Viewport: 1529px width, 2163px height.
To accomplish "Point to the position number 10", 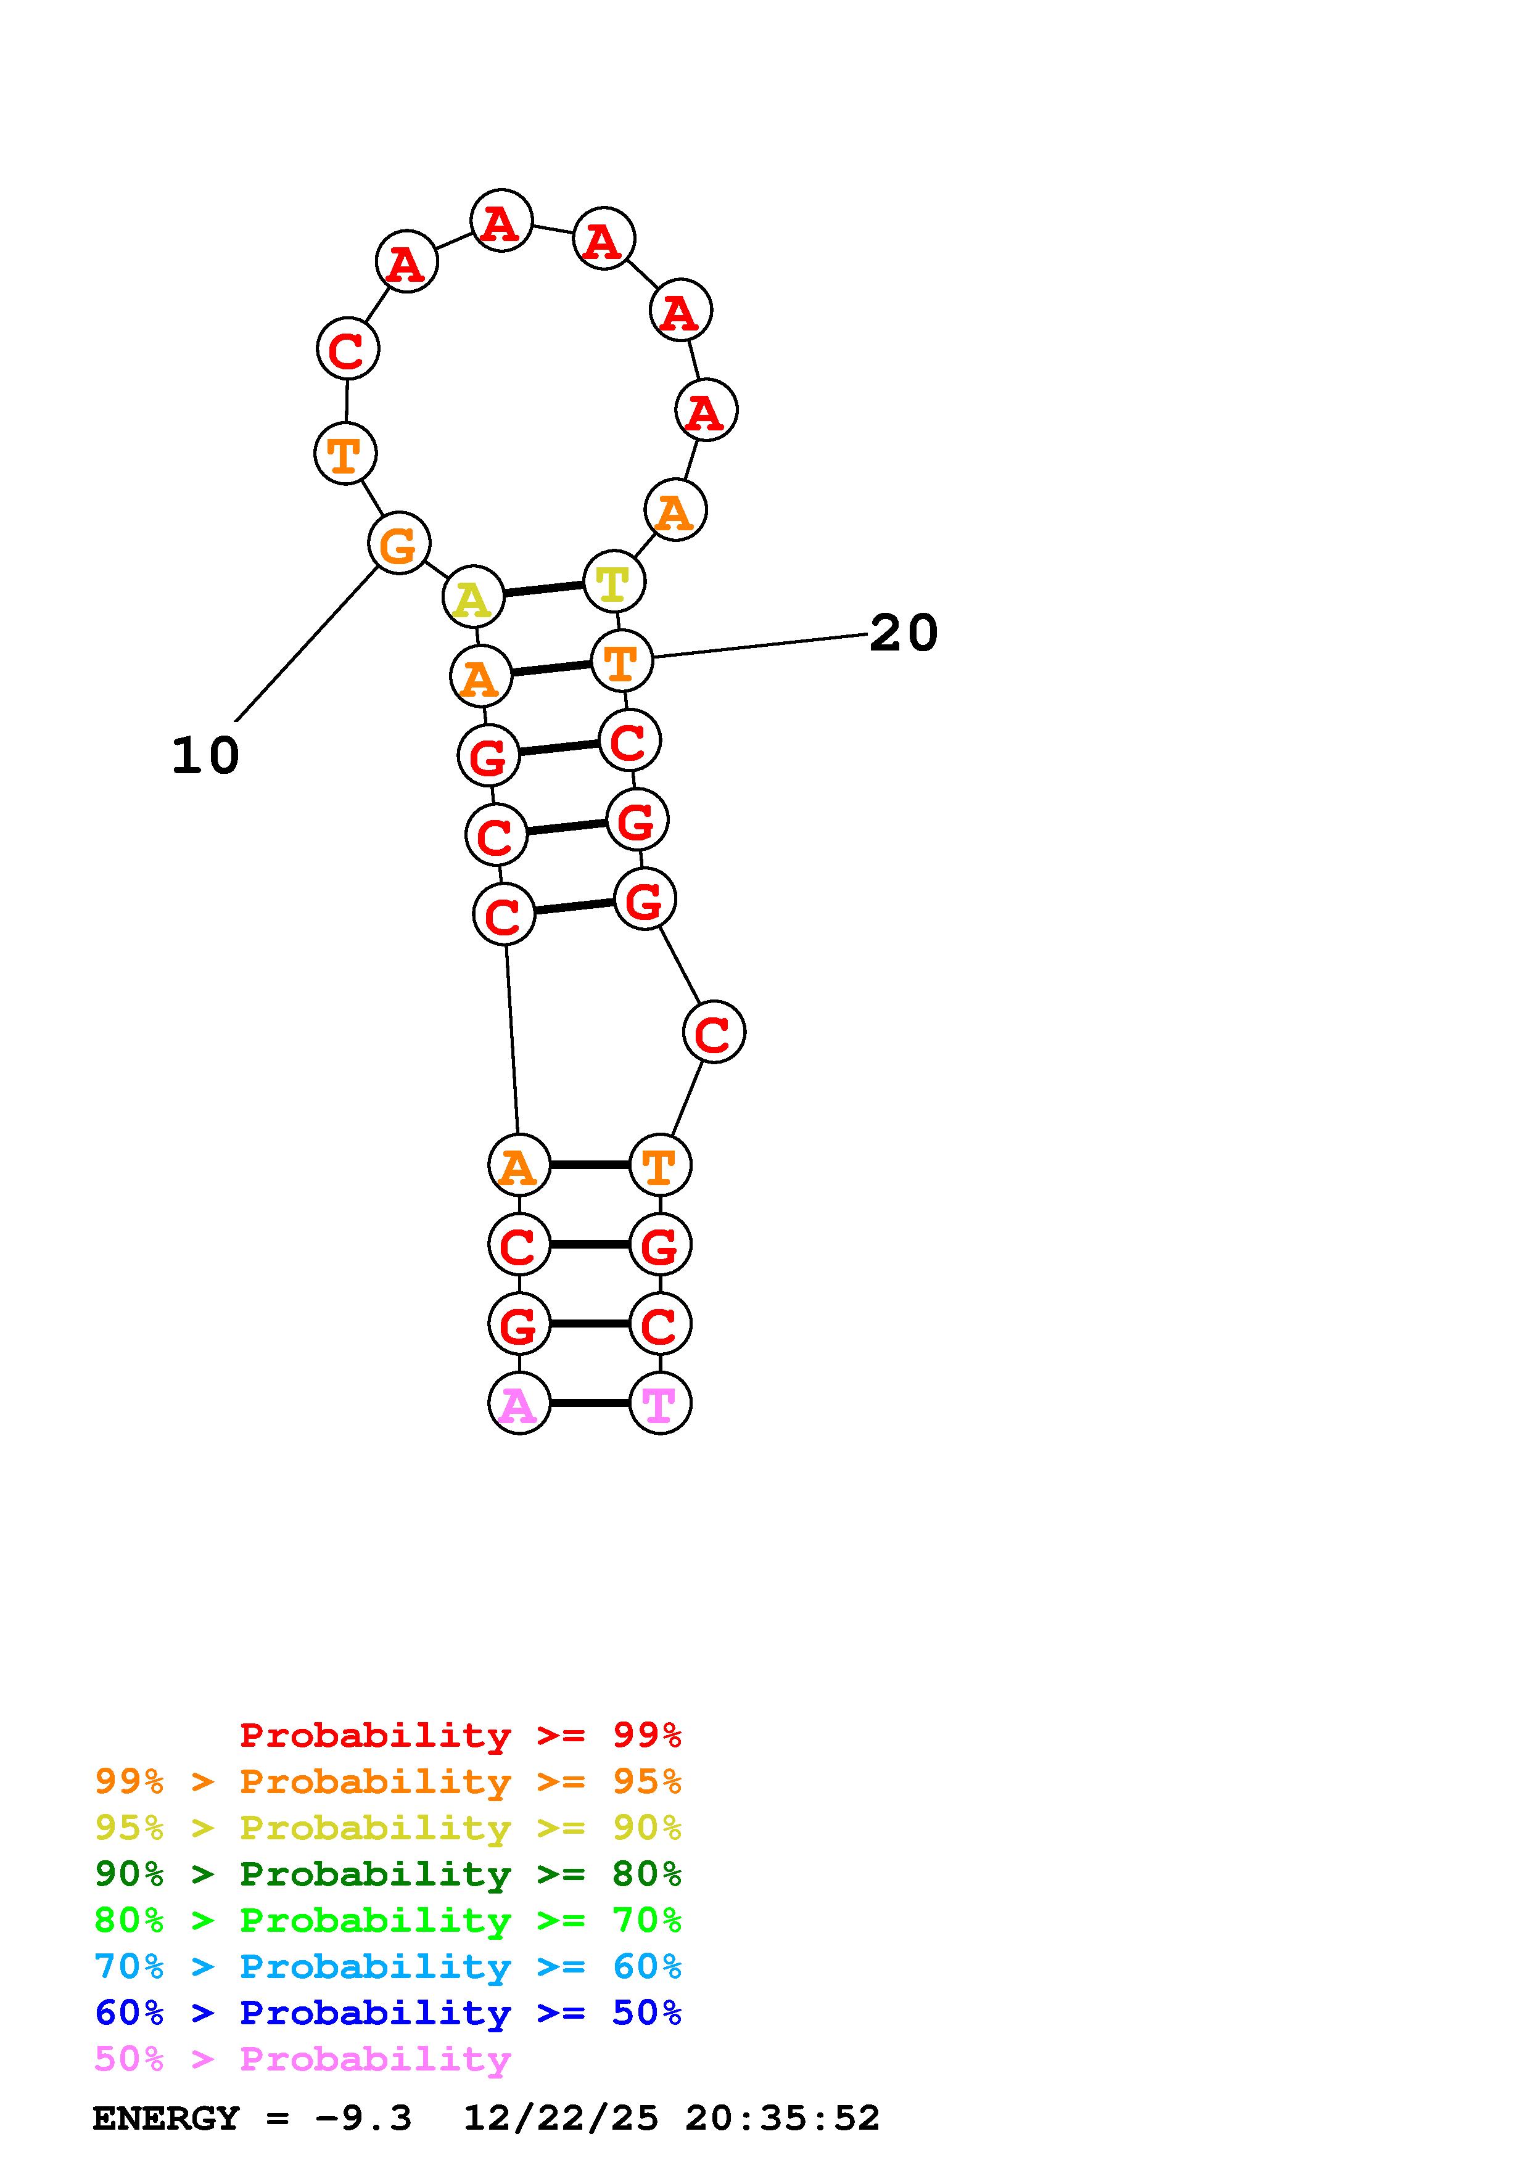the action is pyautogui.click(x=205, y=755).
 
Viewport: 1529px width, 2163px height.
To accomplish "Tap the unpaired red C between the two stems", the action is pyautogui.click(x=713, y=1033).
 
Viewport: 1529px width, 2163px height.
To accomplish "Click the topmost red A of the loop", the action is pyautogui.click(x=501, y=221).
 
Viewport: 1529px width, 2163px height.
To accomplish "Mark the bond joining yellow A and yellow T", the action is pyautogui.click(x=543, y=589).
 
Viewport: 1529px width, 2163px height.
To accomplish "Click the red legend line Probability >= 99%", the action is pyautogui.click(x=461, y=1734).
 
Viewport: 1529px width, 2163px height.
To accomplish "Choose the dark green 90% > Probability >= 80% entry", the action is pyautogui.click(x=388, y=1874).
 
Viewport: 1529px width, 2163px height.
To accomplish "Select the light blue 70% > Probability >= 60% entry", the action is pyautogui.click(x=388, y=1966).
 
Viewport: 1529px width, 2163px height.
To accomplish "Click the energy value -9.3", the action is pyautogui.click(x=364, y=2119).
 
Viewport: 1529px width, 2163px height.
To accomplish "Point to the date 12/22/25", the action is pyautogui.click(x=561, y=2119).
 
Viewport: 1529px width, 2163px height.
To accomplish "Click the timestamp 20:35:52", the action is pyautogui.click(x=782, y=2119).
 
